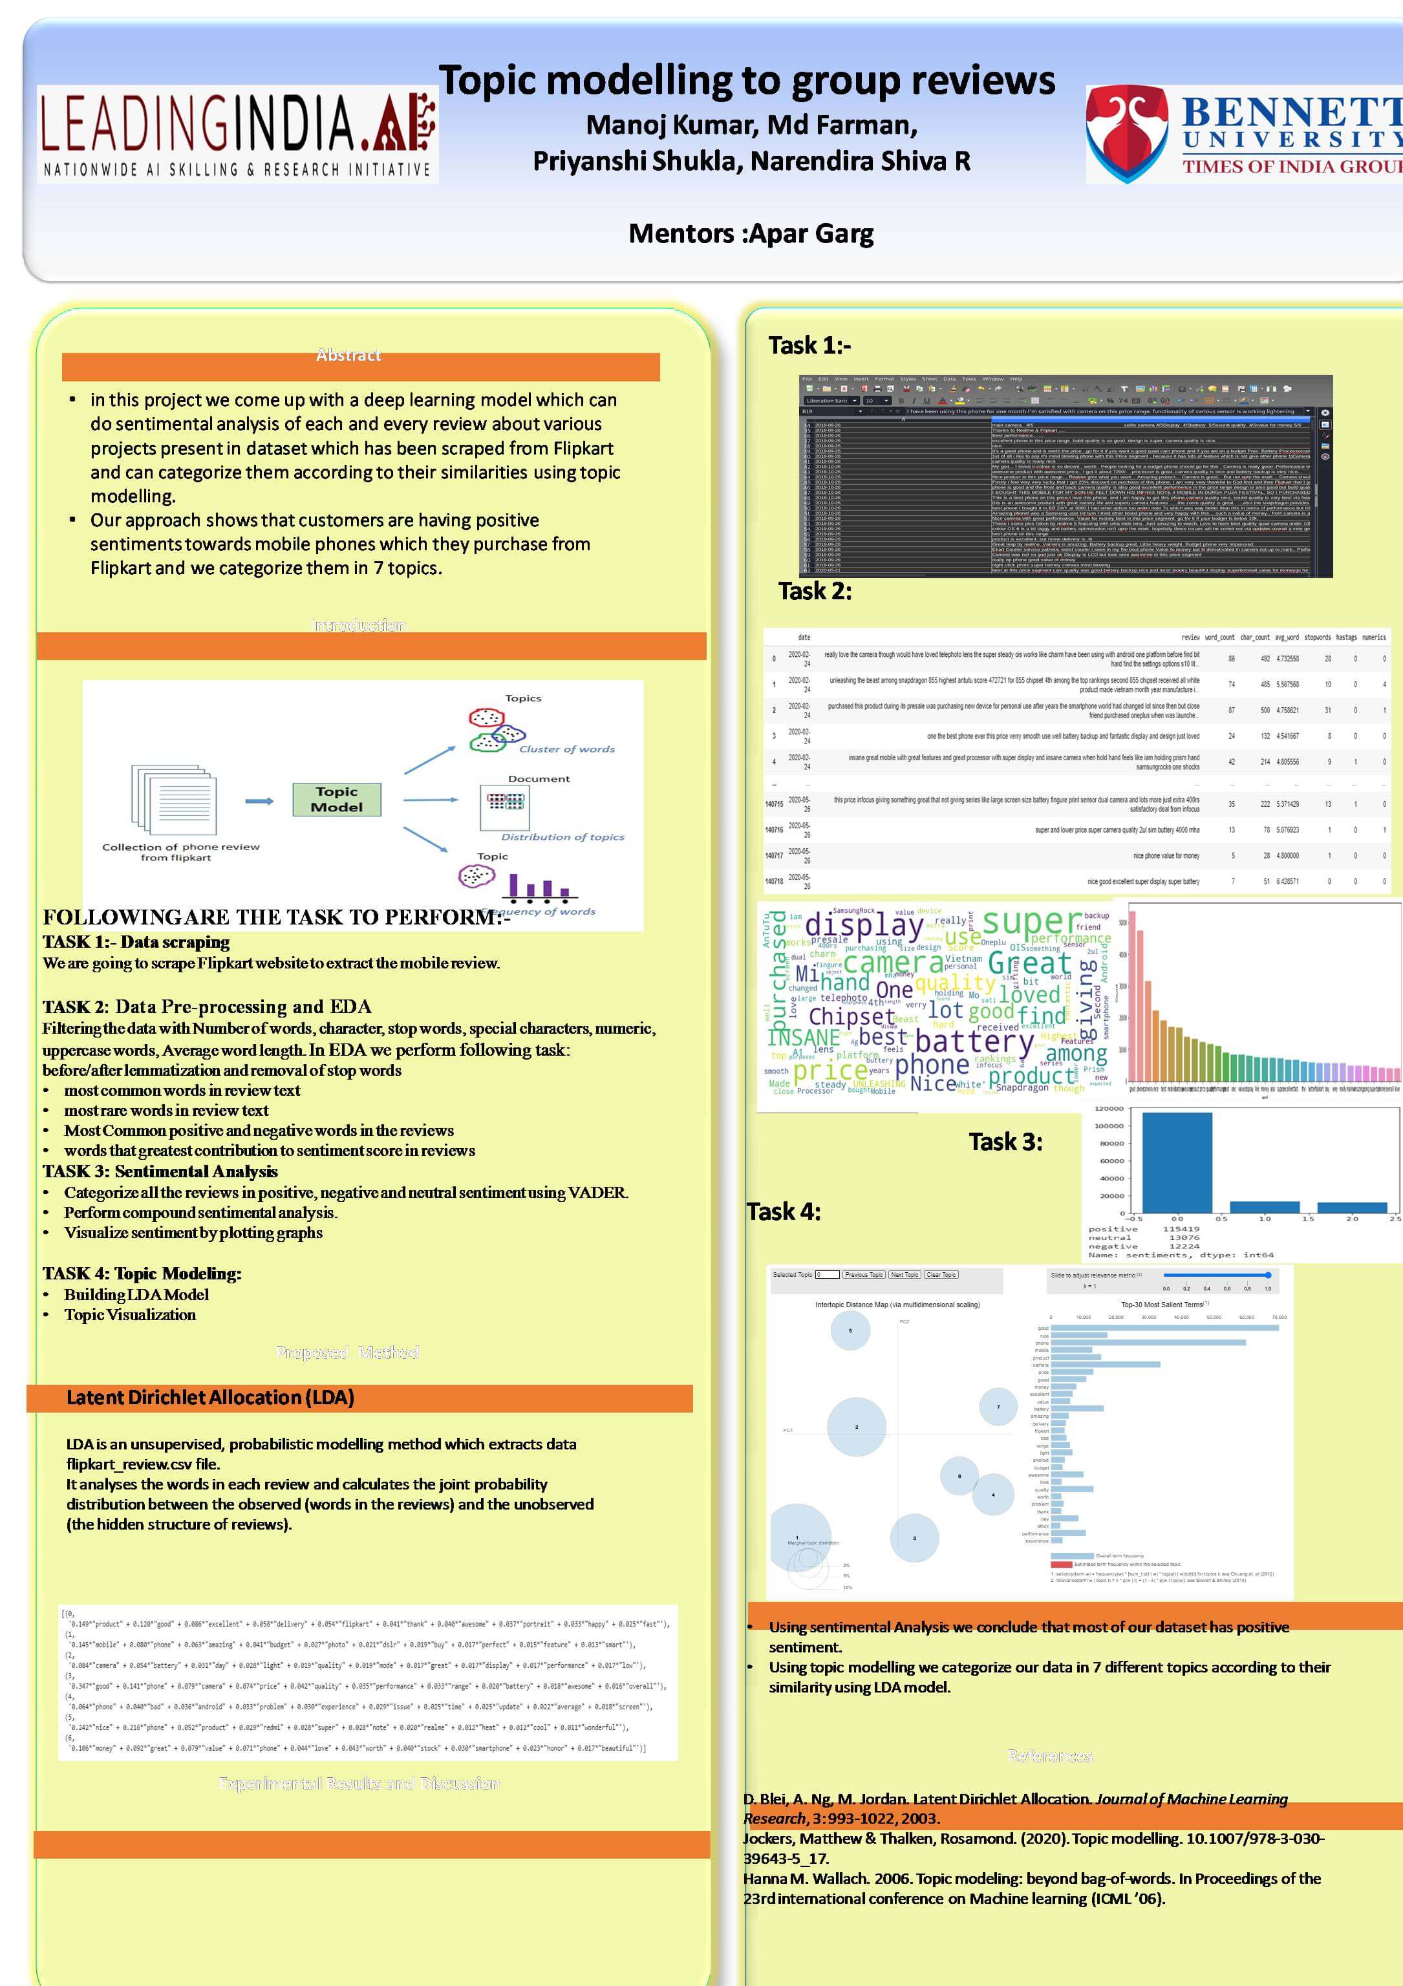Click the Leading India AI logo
point(237,134)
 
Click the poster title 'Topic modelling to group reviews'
point(747,80)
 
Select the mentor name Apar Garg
point(811,233)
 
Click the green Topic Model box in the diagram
point(336,799)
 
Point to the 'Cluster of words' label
point(566,749)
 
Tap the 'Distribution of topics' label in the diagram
point(562,837)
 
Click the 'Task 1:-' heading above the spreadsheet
point(809,346)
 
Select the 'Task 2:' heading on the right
point(815,592)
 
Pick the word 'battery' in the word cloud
point(974,1042)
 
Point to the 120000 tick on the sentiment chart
point(1109,1109)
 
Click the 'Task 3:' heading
point(1005,1142)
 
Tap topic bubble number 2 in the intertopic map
point(856,1427)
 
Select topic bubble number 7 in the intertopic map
point(998,1407)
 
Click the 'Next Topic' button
point(905,1274)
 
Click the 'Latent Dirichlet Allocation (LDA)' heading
point(210,1398)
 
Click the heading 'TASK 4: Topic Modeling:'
point(142,1274)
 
